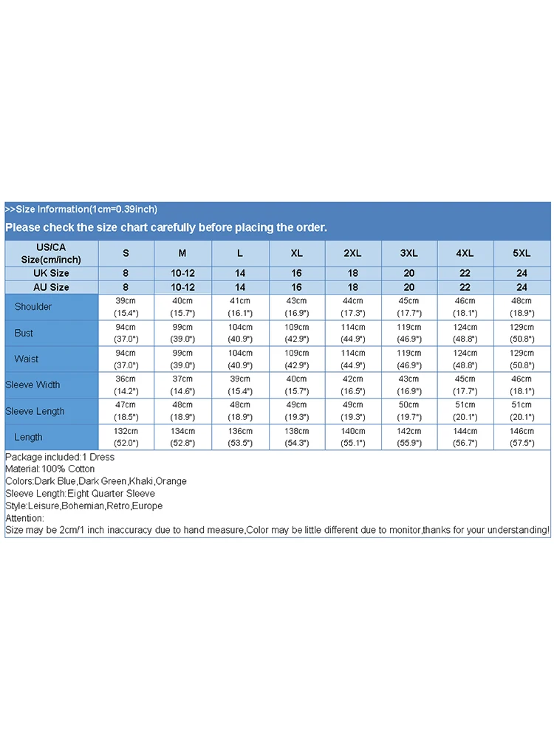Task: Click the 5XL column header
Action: click(x=521, y=253)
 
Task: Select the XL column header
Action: click(x=296, y=253)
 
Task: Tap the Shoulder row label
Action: click(x=33, y=306)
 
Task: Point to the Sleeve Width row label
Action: click(x=33, y=384)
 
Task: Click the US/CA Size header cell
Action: click(x=51, y=253)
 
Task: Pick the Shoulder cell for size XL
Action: click(x=296, y=306)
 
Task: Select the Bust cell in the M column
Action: click(x=182, y=333)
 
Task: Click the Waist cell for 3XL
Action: click(x=408, y=359)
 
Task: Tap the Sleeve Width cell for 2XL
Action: click(x=352, y=384)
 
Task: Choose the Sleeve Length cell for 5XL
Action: click(x=521, y=411)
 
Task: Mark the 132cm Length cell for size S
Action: click(x=126, y=437)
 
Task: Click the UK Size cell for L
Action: click(x=240, y=273)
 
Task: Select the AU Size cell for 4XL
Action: click(x=465, y=287)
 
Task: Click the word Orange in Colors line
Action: click(x=171, y=481)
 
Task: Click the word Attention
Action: click(x=25, y=518)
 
